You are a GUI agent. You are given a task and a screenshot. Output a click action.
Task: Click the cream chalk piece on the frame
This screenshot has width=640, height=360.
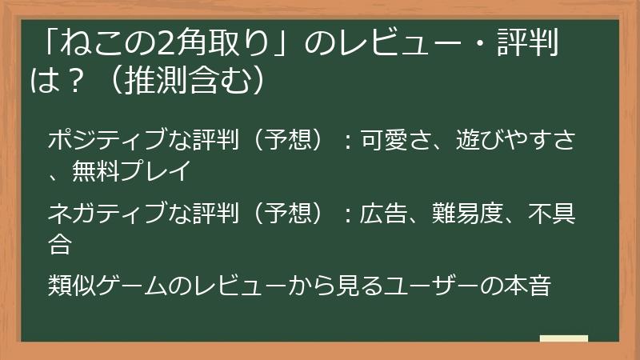tap(563, 339)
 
